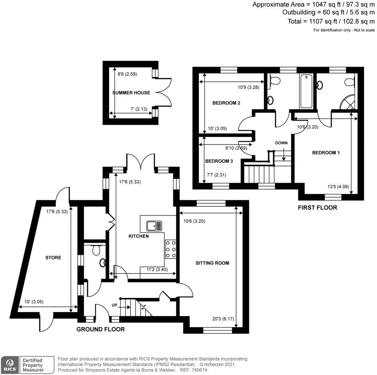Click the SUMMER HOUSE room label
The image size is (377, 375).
click(131, 92)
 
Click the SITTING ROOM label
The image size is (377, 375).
click(212, 263)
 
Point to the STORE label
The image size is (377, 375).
click(53, 257)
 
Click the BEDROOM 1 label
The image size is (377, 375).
click(326, 153)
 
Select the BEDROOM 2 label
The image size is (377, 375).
click(226, 103)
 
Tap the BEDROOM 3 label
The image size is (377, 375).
click(219, 161)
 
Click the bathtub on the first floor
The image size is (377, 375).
click(306, 91)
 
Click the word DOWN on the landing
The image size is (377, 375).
click(281, 143)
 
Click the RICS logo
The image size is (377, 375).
click(10, 365)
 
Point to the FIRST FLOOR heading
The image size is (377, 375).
click(317, 208)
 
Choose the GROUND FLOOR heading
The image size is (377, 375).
click(100, 329)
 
